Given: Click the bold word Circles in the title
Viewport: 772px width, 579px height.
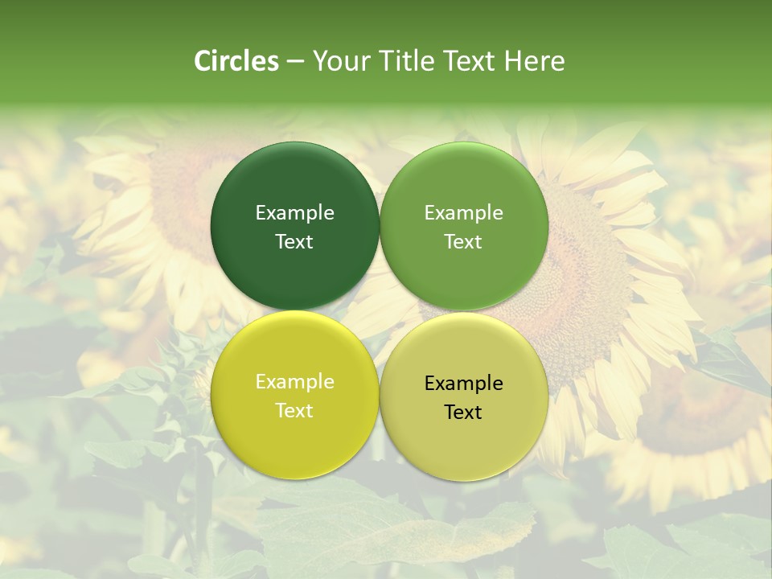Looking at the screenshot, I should (236, 61).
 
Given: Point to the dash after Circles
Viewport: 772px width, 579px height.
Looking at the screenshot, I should (295, 62).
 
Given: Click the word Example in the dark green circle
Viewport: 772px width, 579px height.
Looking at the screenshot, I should (294, 213).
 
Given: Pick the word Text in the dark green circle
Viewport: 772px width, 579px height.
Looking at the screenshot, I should (294, 242).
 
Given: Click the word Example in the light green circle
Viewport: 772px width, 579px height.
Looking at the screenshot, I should (463, 213).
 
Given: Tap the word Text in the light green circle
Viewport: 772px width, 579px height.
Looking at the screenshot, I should (463, 242).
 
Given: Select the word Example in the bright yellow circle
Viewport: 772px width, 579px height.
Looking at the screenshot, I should (294, 382).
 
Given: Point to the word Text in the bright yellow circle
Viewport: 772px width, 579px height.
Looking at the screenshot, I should (294, 411).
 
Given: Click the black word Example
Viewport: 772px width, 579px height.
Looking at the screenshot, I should (463, 384).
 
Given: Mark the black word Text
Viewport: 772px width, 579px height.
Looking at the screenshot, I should (463, 413).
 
